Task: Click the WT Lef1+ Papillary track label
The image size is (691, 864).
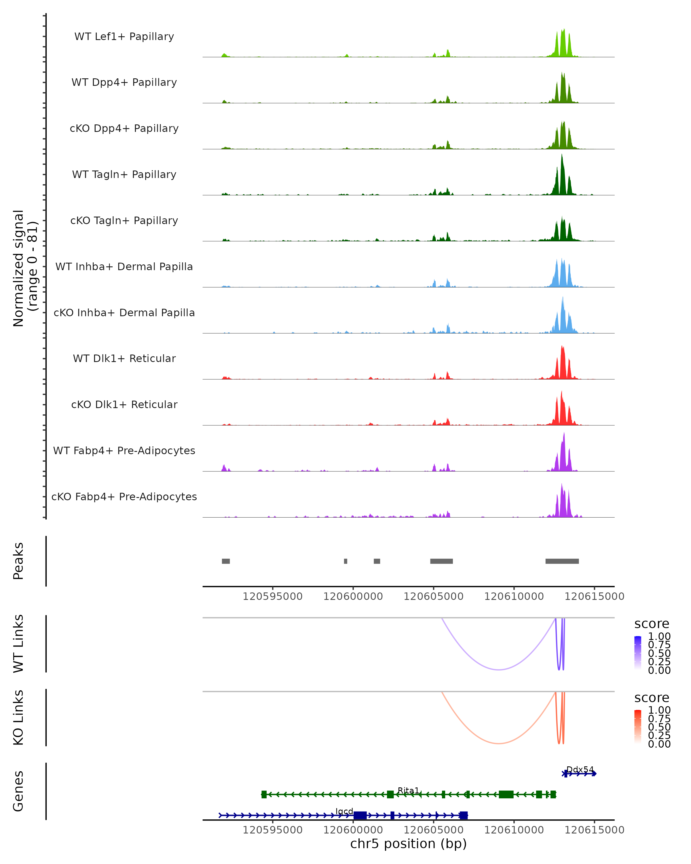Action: [124, 37]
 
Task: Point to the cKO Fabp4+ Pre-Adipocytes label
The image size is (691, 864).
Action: [124, 497]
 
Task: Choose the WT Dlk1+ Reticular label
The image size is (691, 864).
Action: [124, 358]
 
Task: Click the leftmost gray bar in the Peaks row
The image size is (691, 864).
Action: [226, 561]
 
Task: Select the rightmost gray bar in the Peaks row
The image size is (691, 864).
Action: [562, 561]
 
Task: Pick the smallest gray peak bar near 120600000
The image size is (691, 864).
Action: [346, 561]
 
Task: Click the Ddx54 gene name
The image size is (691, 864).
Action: [580, 770]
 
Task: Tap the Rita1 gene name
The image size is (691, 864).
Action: [408, 790]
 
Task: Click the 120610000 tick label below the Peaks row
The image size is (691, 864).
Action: [514, 596]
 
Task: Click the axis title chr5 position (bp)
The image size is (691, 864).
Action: [408, 844]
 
